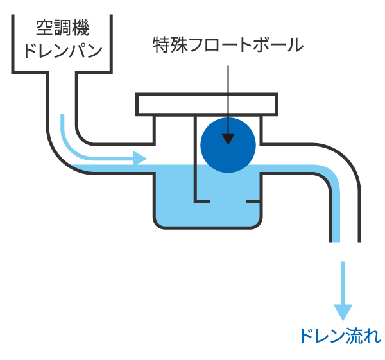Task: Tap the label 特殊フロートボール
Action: point(228,46)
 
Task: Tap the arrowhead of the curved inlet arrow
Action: point(141,157)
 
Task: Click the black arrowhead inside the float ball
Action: point(228,139)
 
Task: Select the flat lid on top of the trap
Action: point(207,103)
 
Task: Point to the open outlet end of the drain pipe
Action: point(345,241)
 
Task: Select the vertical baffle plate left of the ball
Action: point(194,160)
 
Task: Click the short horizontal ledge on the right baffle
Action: point(253,202)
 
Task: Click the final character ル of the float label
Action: point(295,46)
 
